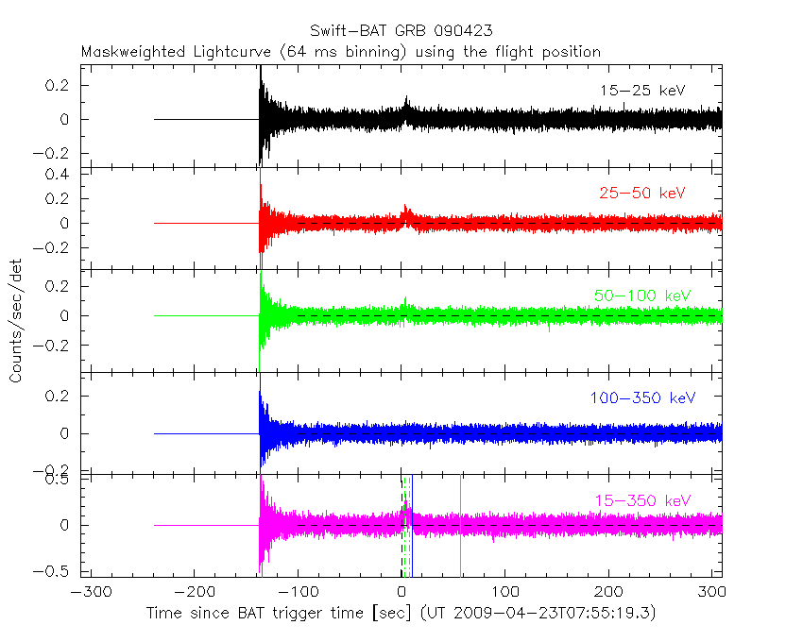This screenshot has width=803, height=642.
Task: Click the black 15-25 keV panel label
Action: [x=641, y=91]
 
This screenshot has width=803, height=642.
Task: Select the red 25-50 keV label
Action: [x=641, y=194]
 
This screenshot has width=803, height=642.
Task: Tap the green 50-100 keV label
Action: [x=642, y=296]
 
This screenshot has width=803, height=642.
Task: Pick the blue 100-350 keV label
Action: [x=642, y=398]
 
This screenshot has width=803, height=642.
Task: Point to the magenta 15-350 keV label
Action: [x=642, y=500]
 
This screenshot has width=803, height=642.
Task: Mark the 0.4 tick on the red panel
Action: [x=60, y=175]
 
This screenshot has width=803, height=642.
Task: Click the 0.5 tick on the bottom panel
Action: [x=60, y=480]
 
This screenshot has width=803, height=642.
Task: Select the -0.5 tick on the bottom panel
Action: [x=57, y=570]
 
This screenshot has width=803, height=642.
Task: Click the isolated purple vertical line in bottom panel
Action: [x=460, y=524]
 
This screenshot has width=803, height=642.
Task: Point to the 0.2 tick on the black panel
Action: [x=60, y=85]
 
